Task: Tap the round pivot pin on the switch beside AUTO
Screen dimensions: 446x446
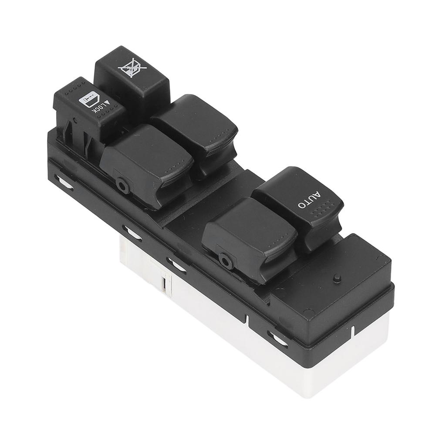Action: coord(225,260)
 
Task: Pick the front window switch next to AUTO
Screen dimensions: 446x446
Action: coord(248,235)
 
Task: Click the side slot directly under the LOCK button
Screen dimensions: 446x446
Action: coord(64,182)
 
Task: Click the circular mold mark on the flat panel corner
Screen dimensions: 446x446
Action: coord(308,313)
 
